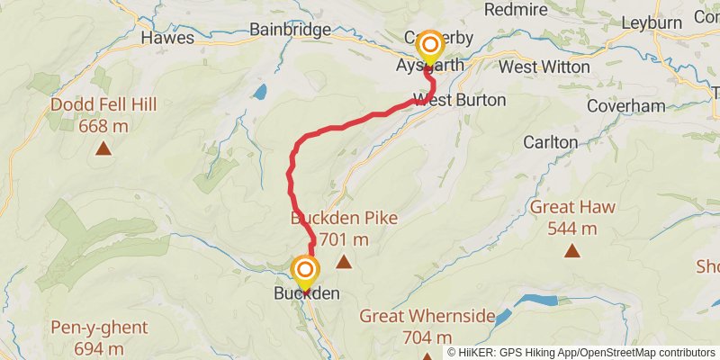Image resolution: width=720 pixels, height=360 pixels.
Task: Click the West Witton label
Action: [x=544, y=67]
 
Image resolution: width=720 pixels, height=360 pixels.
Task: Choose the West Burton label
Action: [x=459, y=99]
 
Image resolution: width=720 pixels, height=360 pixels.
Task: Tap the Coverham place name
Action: [x=625, y=106]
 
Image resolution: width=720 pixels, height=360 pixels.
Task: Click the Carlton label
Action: [x=550, y=142]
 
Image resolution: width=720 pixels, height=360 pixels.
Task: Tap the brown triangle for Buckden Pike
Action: [x=344, y=262]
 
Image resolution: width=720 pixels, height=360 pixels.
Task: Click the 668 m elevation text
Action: [x=103, y=126]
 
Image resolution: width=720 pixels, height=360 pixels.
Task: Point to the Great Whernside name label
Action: [x=427, y=316]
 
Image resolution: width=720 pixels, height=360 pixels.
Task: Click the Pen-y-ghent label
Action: [x=99, y=328]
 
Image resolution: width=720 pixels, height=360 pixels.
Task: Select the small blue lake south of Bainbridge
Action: [x=259, y=92]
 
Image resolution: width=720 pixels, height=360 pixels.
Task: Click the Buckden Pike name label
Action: [x=344, y=218]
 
